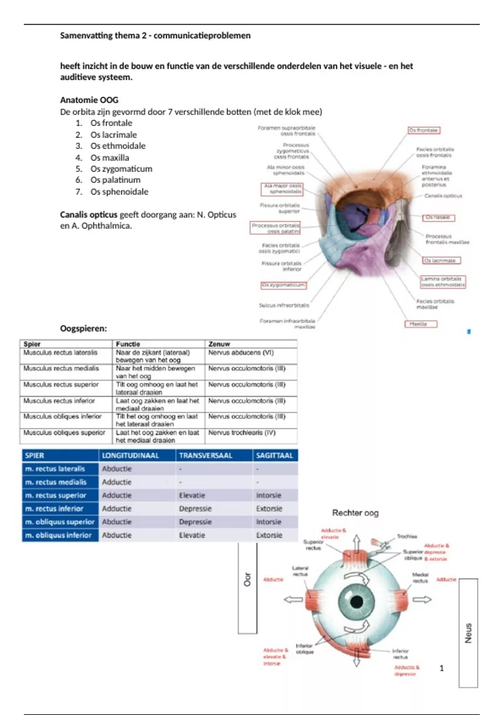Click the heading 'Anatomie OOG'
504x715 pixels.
pyautogui.click(x=89, y=100)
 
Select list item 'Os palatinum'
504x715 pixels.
pyautogui.click(x=115, y=180)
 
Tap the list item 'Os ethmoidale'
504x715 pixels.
pyautogui.click(x=118, y=146)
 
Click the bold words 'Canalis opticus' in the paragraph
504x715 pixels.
pyautogui.click(x=89, y=215)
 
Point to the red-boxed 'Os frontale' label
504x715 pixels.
pyautogui.click(x=424, y=130)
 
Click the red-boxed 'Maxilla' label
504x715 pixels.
pyautogui.click(x=420, y=324)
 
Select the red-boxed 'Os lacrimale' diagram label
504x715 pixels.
pyautogui.click(x=441, y=260)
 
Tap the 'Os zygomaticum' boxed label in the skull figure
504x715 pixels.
pyautogui.click(x=283, y=285)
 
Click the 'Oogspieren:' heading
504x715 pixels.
pyautogui.click(x=83, y=328)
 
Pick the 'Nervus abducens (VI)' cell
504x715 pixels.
pyautogui.click(x=241, y=353)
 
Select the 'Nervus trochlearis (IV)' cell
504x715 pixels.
pyautogui.click(x=242, y=432)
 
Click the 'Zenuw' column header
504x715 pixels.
pyautogui.click(x=219, y=344)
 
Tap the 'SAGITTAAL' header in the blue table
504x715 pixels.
pyautogui.click(x=275, y=455)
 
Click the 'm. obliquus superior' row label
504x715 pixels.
pyautogui.click(x=60, y=522)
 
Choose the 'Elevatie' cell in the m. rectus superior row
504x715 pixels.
pyautogui.click(x=192, y=495)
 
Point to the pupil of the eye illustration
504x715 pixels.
pyautogui.click(x=357, y=601)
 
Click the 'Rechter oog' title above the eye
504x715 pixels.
pyautogui.click(x=355, y=513)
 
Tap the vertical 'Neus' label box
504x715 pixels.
pyautogui.click(x=468, y=633)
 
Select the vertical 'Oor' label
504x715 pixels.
pyautogui.click(x=247, y=580)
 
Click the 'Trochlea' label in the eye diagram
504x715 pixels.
pyautogui.click(x=407, y=537)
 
